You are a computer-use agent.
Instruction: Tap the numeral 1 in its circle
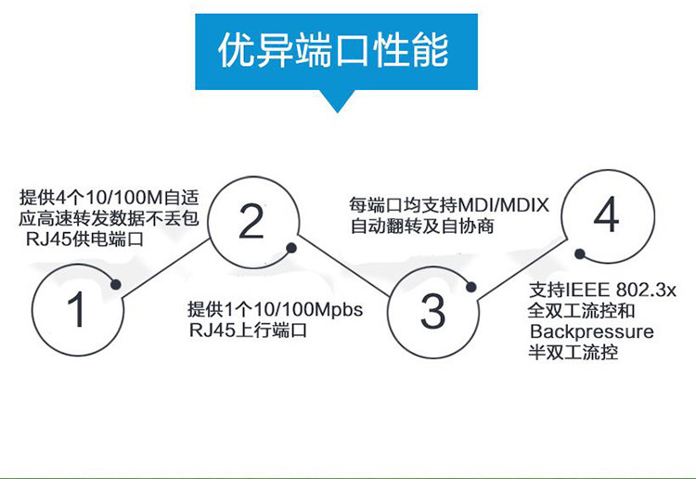click(77, 310)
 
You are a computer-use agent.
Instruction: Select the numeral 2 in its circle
click(251, 222)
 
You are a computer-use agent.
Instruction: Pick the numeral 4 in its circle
click(605, 217)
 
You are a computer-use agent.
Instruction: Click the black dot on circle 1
click(117, 285)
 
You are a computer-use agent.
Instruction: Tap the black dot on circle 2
click(291, 248)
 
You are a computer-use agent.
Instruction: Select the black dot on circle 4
click(578, 253)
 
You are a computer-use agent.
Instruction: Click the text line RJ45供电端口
click(85, 239)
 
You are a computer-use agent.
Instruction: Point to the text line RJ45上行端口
click(248, 330)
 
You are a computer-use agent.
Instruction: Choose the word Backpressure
click(591, 331)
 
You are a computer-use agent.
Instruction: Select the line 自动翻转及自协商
click(421, 226)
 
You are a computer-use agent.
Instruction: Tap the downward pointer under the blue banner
click(334, 99)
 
